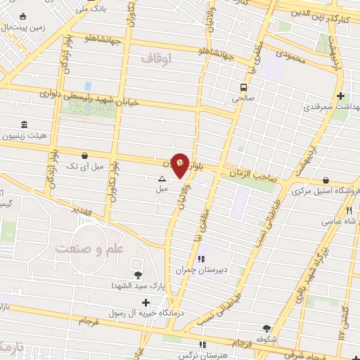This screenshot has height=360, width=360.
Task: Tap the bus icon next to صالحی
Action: (243, 88)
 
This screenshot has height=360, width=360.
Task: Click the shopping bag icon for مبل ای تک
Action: (85, 155)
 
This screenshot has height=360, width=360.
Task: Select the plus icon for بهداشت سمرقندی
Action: (340, 96)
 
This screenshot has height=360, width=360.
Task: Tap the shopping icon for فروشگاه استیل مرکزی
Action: (326, 180)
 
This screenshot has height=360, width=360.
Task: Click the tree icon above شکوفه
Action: (266, 328)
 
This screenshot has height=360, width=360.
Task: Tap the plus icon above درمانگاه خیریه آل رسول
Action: (145, 302)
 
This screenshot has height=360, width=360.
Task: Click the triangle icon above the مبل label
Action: (162, 179)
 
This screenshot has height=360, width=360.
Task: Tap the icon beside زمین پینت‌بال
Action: (23, 17)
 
